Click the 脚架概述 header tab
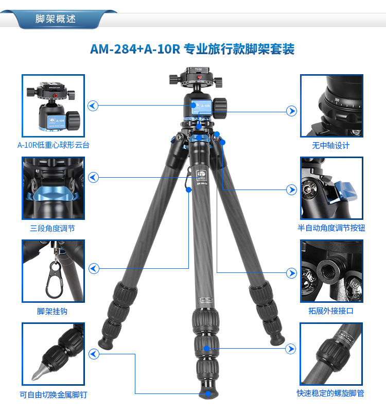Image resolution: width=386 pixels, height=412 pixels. click(56, 19)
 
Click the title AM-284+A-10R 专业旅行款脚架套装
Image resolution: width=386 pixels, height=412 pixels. click(192, 49)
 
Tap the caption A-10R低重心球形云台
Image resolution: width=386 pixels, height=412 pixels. click(54, 145)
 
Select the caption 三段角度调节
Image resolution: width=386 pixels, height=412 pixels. click(52, 228)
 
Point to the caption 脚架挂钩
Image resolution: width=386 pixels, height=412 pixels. click(52, 312)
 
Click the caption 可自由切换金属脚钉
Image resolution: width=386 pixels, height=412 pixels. click(54, 394)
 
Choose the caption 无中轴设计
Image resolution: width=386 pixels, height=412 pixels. click(331, 146)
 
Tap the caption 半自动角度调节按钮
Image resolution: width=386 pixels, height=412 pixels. click(331, 228)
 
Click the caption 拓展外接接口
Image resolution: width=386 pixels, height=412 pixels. click(331, 311)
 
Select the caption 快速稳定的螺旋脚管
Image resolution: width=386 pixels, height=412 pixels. click(330, 393)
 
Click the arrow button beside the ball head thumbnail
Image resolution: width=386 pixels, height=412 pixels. click(93, 106)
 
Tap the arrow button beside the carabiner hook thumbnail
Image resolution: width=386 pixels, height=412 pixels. click(94, 268)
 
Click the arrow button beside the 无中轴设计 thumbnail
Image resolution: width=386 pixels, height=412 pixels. click(291, 111)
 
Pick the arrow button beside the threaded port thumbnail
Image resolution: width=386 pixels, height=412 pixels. click(291, 273)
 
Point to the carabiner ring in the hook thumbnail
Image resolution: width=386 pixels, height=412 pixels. click(55, 280)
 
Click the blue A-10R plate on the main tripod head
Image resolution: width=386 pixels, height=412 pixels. click(201, 107)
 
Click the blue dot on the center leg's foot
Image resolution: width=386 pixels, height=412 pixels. click(208, 393)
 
